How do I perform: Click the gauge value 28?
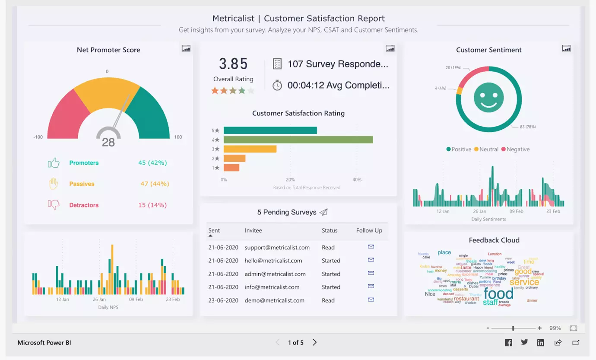pos(108,142)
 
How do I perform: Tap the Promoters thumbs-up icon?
pos(54,163)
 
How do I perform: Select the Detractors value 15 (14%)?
pos(152,205)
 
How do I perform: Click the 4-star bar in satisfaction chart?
pos(298,140)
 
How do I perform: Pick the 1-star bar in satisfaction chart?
pos(231,168)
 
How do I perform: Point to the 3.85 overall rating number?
pos(233,64)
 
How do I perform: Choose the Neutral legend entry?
pos(486,149)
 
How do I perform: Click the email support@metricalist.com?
pos(277,248)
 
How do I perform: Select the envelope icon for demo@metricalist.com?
pos(371,299)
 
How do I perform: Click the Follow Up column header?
pos(369,230)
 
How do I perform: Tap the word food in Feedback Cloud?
pos(498,294)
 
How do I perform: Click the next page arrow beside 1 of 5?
pos(315,342)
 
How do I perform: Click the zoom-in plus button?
pos(539,328)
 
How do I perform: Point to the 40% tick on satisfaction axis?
pos(357,179)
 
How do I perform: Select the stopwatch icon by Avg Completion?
pos(277,85)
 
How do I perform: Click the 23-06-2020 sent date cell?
pos(223,300)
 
